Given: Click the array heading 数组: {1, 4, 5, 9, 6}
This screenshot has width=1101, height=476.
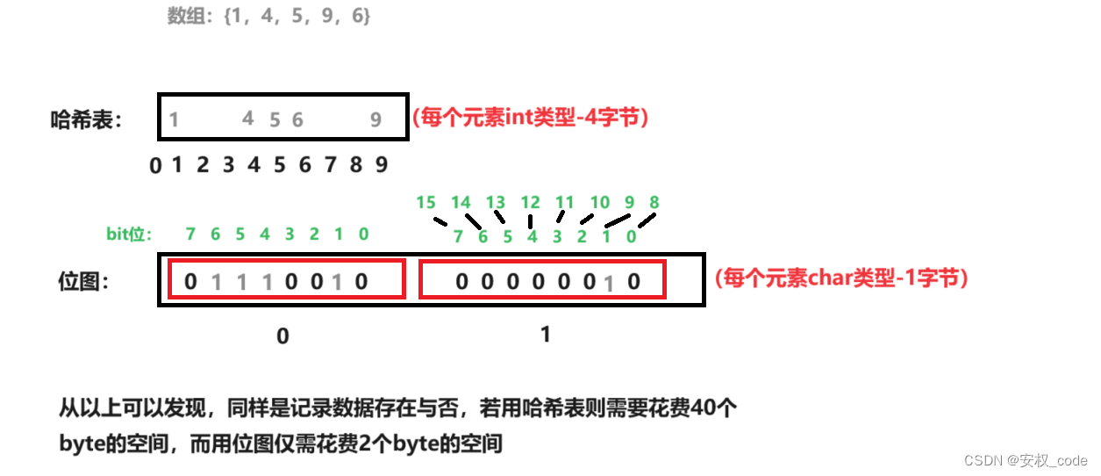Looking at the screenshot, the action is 268,17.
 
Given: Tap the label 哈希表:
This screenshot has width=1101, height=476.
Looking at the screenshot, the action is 87,120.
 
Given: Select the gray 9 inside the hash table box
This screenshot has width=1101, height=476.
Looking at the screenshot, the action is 375,120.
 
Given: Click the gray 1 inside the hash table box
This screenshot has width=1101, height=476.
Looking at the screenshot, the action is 175,119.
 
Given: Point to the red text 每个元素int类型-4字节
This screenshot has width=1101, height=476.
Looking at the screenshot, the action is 530,119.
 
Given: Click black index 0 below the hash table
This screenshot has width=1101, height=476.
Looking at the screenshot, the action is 155,165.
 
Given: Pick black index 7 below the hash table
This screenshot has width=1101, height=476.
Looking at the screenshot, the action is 331,164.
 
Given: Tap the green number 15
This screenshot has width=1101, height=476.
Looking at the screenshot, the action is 425,203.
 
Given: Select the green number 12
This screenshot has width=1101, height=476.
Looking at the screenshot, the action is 530,203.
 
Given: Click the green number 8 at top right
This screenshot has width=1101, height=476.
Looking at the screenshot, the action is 654,203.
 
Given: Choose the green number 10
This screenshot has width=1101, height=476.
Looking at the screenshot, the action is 599,203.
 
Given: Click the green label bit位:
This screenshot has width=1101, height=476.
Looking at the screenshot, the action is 129,234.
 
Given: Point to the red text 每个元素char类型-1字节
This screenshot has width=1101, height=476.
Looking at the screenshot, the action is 841,279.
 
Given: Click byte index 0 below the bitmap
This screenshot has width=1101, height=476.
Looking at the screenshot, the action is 282,335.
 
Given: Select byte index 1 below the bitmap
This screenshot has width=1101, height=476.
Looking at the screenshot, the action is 546,334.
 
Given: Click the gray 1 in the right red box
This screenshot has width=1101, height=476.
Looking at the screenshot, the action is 609,283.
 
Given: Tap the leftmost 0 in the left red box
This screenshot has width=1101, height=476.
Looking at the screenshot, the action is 191,282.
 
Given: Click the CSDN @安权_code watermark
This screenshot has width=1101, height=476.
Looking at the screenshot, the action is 1026,460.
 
